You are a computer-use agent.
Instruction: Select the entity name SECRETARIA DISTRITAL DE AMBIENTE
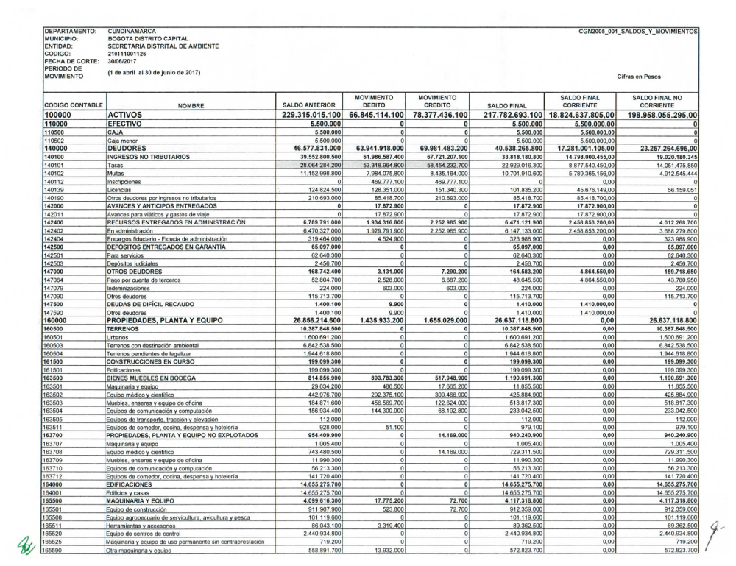[x=163, y=46]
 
